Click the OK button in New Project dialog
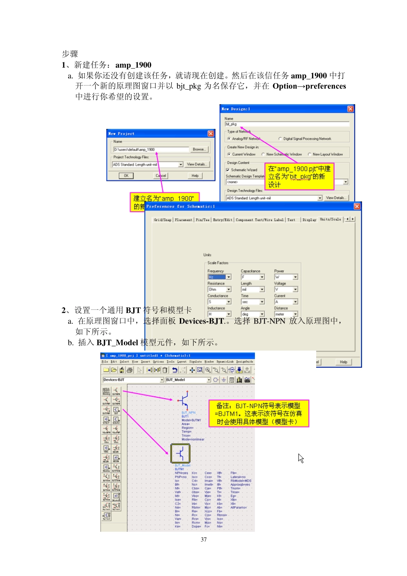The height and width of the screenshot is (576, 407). coord(126,176)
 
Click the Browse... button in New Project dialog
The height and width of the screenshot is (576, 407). coord(199,150)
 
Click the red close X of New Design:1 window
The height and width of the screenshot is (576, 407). coord(350,109)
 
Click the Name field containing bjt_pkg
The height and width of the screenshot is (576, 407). coord(287,124)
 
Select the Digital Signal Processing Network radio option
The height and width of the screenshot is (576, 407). coord(280,139)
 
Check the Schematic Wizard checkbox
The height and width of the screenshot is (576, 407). coord(228,170)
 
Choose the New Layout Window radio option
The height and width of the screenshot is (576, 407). coord(309,154)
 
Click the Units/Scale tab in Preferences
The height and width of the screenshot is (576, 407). coord(330,219)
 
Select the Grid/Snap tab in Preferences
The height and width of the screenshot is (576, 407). coord(162,220)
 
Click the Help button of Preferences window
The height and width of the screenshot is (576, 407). coord(344,362)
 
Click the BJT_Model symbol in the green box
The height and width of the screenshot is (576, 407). coord(180,453)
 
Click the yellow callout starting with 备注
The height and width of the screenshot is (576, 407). coord(258,414)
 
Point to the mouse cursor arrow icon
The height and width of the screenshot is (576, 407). coord(301,458)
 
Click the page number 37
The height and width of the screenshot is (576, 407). coord(203,540)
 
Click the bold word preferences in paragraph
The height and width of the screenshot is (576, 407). coord(326,86)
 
